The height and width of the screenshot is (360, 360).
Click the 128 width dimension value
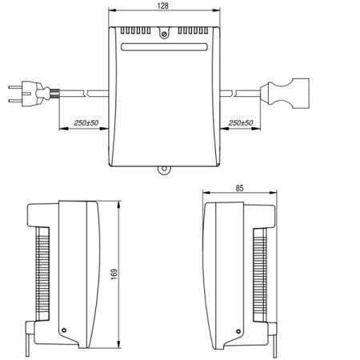point(163,6)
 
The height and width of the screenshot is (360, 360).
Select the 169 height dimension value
point(114,273)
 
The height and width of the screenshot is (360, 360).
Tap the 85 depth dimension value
point(240,190)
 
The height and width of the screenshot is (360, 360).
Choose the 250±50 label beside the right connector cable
point(241,123)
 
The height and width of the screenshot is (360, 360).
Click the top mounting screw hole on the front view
point(163,34)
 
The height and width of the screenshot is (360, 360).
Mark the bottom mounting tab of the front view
point(163,170)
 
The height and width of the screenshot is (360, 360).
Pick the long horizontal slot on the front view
point(163,48)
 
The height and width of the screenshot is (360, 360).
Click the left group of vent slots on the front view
point(136,31)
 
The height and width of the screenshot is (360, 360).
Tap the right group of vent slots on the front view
point(191,31)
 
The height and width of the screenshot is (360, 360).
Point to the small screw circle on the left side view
point(64,330)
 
